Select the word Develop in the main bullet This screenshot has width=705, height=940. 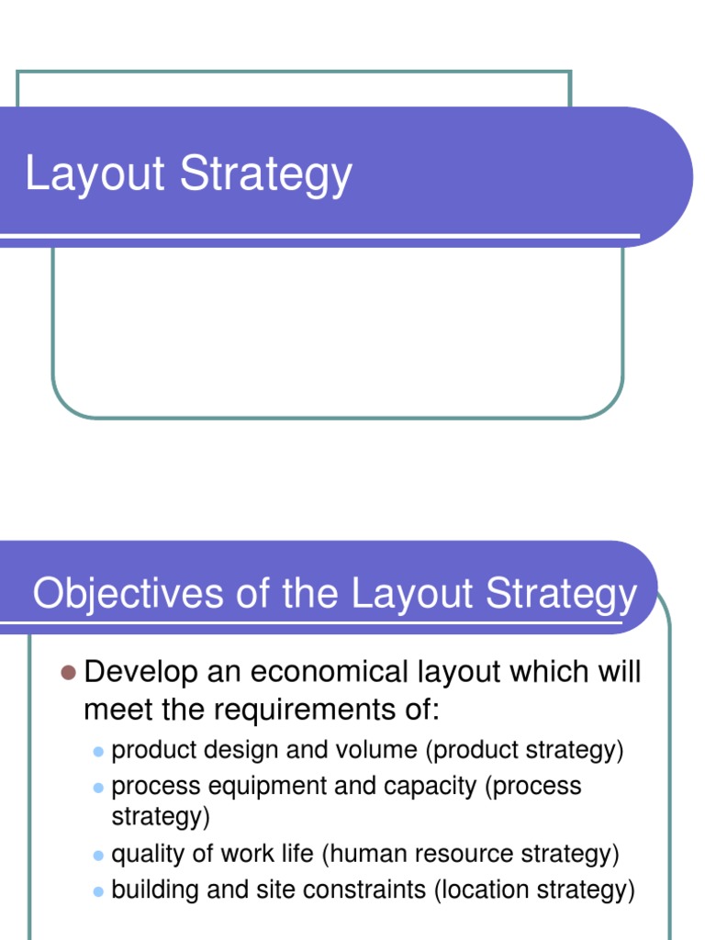pyautogui.click(x=140, y=673)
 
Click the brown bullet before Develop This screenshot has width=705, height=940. pyautogui.click(x=67, y=673)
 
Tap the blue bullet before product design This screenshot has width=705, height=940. pyautogui.click(x=98, y=752)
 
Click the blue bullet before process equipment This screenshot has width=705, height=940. pyautogui.click(x=98, y=788)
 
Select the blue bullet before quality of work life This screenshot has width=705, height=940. pyautogui.click(x=98, y=856)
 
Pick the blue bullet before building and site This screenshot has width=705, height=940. pyautogui.click(x=98, y=891)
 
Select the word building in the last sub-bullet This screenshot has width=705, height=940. pyautogui.click(x=149, y=890)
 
